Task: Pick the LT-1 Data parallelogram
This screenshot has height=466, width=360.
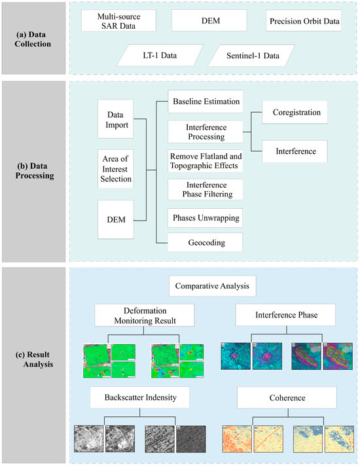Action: tap(165, 56)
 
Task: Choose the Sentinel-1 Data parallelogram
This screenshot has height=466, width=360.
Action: tap(253, 56)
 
